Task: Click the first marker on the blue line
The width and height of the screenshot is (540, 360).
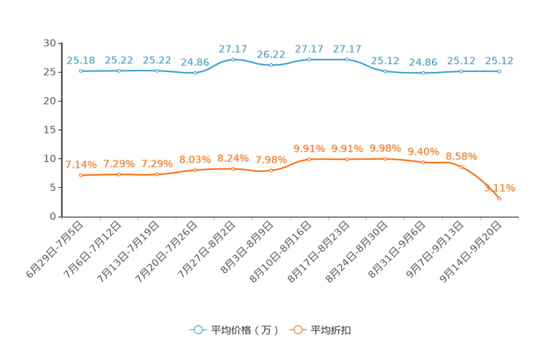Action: pos(81,71)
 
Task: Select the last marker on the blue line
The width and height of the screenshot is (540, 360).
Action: pos(499,71)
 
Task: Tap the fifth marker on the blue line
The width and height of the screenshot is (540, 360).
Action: pos(233,59)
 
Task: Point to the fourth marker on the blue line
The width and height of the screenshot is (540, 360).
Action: pos(195,73)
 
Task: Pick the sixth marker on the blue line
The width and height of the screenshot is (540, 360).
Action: pos(271,65)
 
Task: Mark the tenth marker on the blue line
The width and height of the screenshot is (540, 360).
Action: pos(423,73)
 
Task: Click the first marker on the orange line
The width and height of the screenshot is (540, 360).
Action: pos(81,175)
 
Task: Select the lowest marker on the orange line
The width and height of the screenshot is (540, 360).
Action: pos(499,198)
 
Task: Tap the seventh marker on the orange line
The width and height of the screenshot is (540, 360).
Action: pos(309,158)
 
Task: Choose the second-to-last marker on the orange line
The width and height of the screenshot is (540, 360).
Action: pos(461,166)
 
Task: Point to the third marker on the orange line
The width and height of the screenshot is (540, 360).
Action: pos(157,174)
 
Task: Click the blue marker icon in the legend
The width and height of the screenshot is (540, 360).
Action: pos(197,330)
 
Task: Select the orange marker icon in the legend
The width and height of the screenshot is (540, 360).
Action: pos(297,330)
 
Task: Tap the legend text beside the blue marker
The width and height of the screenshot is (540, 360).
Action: pos(245,330)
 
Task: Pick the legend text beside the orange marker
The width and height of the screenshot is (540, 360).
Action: pos(332,330)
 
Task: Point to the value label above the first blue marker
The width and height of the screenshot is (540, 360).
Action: pos(81,60)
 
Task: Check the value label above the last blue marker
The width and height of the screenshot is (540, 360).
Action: pos(499,60)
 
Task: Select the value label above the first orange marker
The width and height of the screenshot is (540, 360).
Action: pos(81,164)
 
